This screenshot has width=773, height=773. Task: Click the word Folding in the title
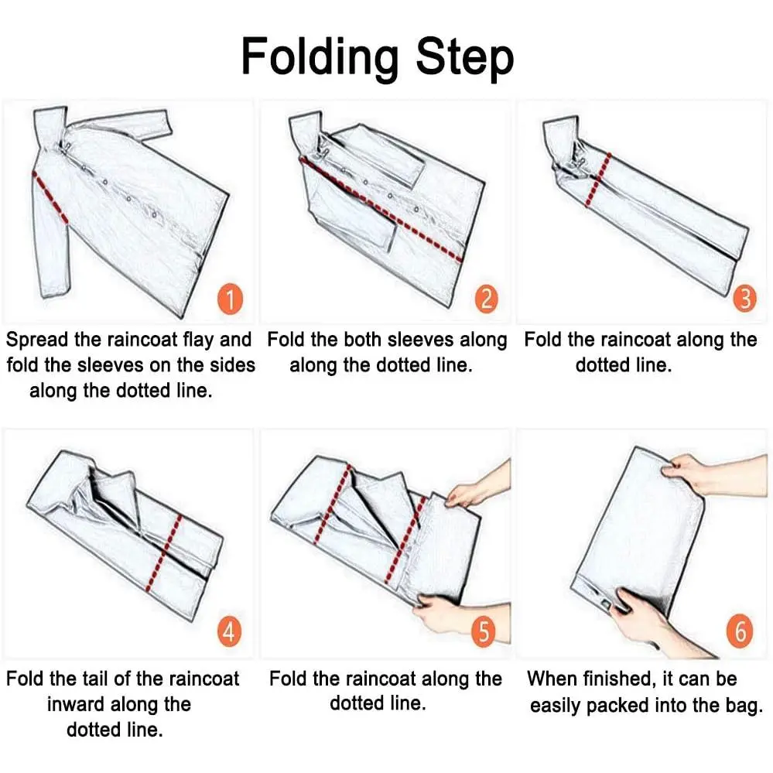320,58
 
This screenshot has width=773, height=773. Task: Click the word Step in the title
465,59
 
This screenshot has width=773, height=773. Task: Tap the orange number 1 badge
231,299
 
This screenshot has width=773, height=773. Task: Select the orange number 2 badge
486,299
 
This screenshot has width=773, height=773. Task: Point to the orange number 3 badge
745,298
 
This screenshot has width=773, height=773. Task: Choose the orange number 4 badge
229,631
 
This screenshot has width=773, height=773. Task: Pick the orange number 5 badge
484,631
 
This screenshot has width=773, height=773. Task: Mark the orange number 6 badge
740,631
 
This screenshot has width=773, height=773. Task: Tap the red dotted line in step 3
597,180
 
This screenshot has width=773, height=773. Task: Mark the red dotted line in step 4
164,552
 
